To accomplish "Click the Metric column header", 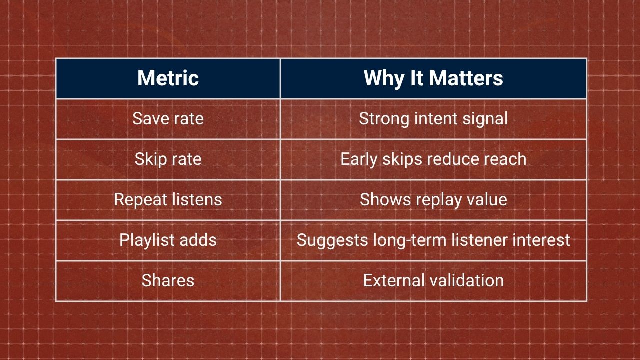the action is (x=168, y=78).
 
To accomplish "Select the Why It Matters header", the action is (x=433, y=78).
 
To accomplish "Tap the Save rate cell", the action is (x=168, y=118).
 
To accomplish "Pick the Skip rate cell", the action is (x=168, y=159).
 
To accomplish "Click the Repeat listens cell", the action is (x=168, y=199).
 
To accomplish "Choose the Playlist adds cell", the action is (x=168, y=240).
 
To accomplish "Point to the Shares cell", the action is (x=168, y=280).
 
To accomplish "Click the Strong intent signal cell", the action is (x=433, y=119).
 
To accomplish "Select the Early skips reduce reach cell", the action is (x=433, y=159).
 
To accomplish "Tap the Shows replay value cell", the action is (x=433, y=199).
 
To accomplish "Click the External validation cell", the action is (x=433, y=280).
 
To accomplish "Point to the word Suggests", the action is (x=332, y=241).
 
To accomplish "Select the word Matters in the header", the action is (x=466, y=78).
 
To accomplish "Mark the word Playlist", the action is (x=146, y=240).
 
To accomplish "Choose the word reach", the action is (x=505, y=159).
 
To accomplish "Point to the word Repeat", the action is (x=140, y=200).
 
